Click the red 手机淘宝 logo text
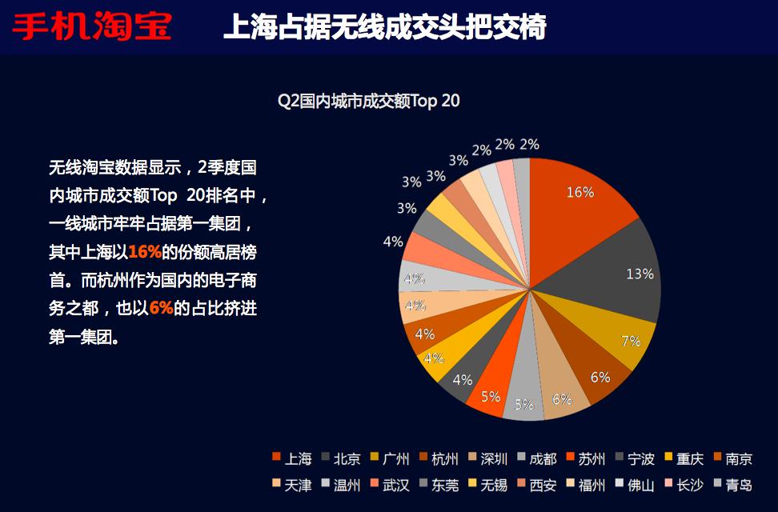(x=92, y=26)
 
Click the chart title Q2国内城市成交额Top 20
(x=369, y=101)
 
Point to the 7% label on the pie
(x=631, y=341)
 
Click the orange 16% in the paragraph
(x=145, y=252)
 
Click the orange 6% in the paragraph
(x=161, y=308)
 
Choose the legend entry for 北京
(x=341, y=458)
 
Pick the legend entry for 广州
(x=390, y=458)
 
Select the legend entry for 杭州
(x=439, y=458)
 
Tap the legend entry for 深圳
(x=488, y=458)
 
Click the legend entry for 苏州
(x=586, y=458)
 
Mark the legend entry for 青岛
(x=733, y=485)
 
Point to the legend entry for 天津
(x=292, y=485)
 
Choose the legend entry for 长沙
(x=684, y=485)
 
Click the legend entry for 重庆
(x=684, y=458)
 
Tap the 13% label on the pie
(x=640, y=274)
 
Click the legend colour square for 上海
(x=276, y=457)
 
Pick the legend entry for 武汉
(x=390, y=485)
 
